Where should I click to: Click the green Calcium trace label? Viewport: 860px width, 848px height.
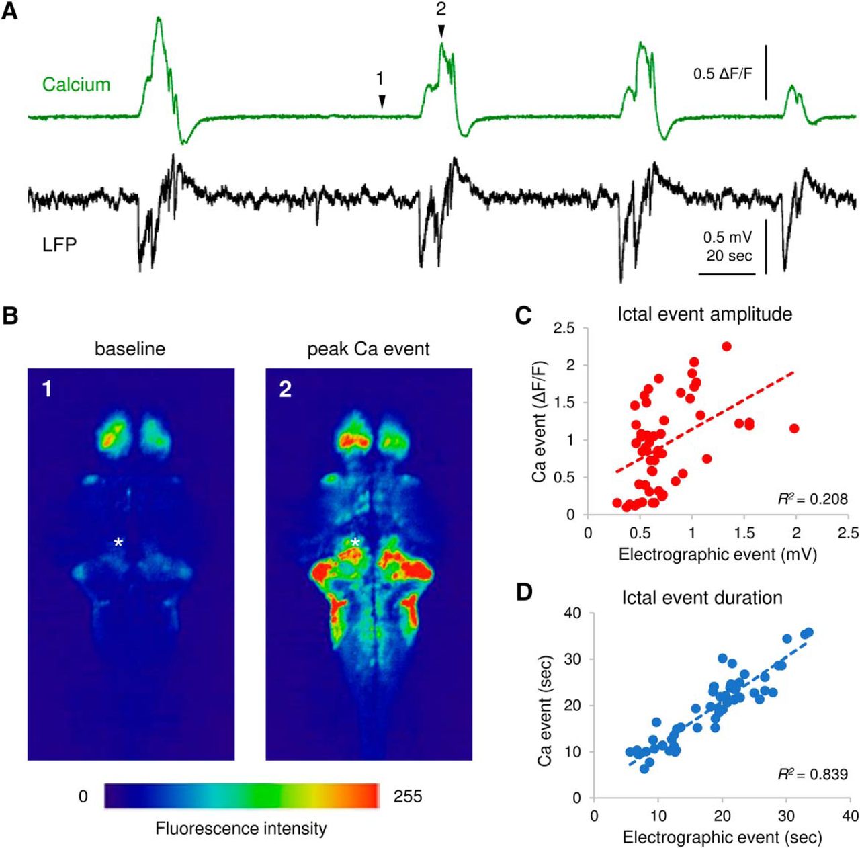[x=76, y=85]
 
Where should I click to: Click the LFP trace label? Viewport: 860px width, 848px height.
[x=59, y=245]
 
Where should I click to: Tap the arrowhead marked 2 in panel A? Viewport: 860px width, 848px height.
[x=441, y=31]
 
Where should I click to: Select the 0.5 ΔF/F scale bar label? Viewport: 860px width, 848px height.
[x=722, y=74]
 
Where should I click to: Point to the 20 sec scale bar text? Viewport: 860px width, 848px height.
[x=728, y=255]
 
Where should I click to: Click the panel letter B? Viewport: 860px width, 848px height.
[x=10, y=316]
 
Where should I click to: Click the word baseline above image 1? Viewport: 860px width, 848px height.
[x=130, y=349]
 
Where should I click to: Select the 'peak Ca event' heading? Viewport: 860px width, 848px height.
[x=368, y=349]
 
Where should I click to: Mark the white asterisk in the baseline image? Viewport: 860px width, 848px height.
[x=118, y=542]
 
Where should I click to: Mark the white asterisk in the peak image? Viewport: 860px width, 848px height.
[x=355, y=542]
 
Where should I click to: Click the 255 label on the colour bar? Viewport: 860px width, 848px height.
[x=407, y=796]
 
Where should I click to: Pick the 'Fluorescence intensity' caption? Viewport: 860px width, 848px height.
[x=241, y=828]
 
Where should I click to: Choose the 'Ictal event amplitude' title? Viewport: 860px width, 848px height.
[x=704, y=314]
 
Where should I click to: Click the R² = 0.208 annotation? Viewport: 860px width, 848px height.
[x=812, y=499]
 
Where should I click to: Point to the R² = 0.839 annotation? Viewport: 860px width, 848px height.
[x=812, y=774]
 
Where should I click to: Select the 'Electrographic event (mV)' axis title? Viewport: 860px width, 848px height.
[x=718, y=554]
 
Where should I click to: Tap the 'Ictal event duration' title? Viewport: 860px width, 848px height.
[x=701, y=597]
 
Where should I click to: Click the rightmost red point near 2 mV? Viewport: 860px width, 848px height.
[x=794, y=428]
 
